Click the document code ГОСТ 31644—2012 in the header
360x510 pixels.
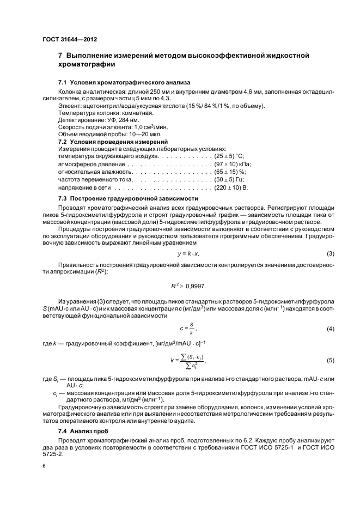coord(69,39)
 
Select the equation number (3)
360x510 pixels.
coord(330,254)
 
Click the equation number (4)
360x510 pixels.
coord(330,329)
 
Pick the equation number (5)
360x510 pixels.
coord(330,361)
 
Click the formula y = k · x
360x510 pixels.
coord(188,254)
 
